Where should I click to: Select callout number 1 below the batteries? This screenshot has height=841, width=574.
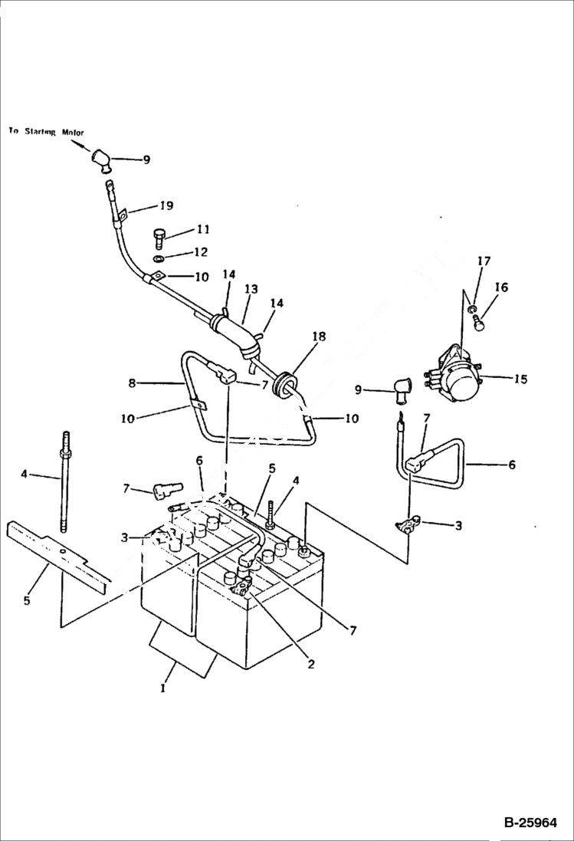pos(162,688)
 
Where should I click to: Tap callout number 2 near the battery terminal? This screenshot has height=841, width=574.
pos(310,664)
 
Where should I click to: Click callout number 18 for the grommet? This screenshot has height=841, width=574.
pos(319,337)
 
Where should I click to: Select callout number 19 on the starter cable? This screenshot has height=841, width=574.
pos(166,205)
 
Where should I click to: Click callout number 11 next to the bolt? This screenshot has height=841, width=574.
pos(181,228)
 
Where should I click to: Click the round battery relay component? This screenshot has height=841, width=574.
pos(463,378)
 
